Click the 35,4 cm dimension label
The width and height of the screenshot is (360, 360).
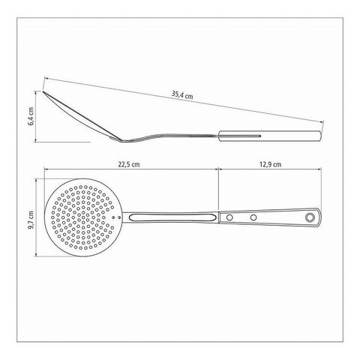(182, 95)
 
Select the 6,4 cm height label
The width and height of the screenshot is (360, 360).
(31, 116)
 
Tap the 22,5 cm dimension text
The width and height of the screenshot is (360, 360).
(129, 164)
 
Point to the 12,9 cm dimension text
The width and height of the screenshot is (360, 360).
(270, 164)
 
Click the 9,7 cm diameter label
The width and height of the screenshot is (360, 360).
(31, 220)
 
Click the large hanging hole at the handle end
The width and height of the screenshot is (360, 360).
(310, 217)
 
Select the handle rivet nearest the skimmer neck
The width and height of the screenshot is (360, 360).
(229, 217)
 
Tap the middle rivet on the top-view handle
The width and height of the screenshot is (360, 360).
(253, 217)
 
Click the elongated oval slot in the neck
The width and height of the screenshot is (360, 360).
(172, 217)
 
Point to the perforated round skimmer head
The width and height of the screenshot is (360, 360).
(83, 217)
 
